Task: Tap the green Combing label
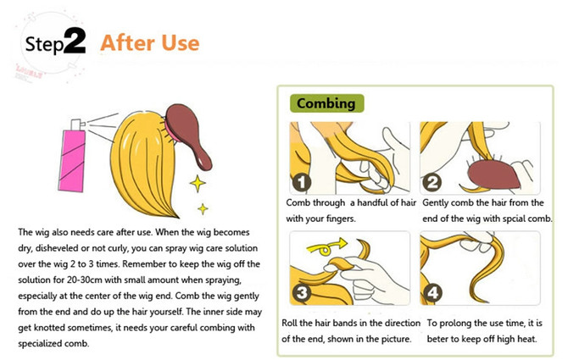pos(326,103)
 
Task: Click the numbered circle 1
pos(301,182)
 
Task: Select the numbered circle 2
pos(433,181)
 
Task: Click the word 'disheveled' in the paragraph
pos(54,246)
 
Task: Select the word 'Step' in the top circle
pos(42,45)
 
